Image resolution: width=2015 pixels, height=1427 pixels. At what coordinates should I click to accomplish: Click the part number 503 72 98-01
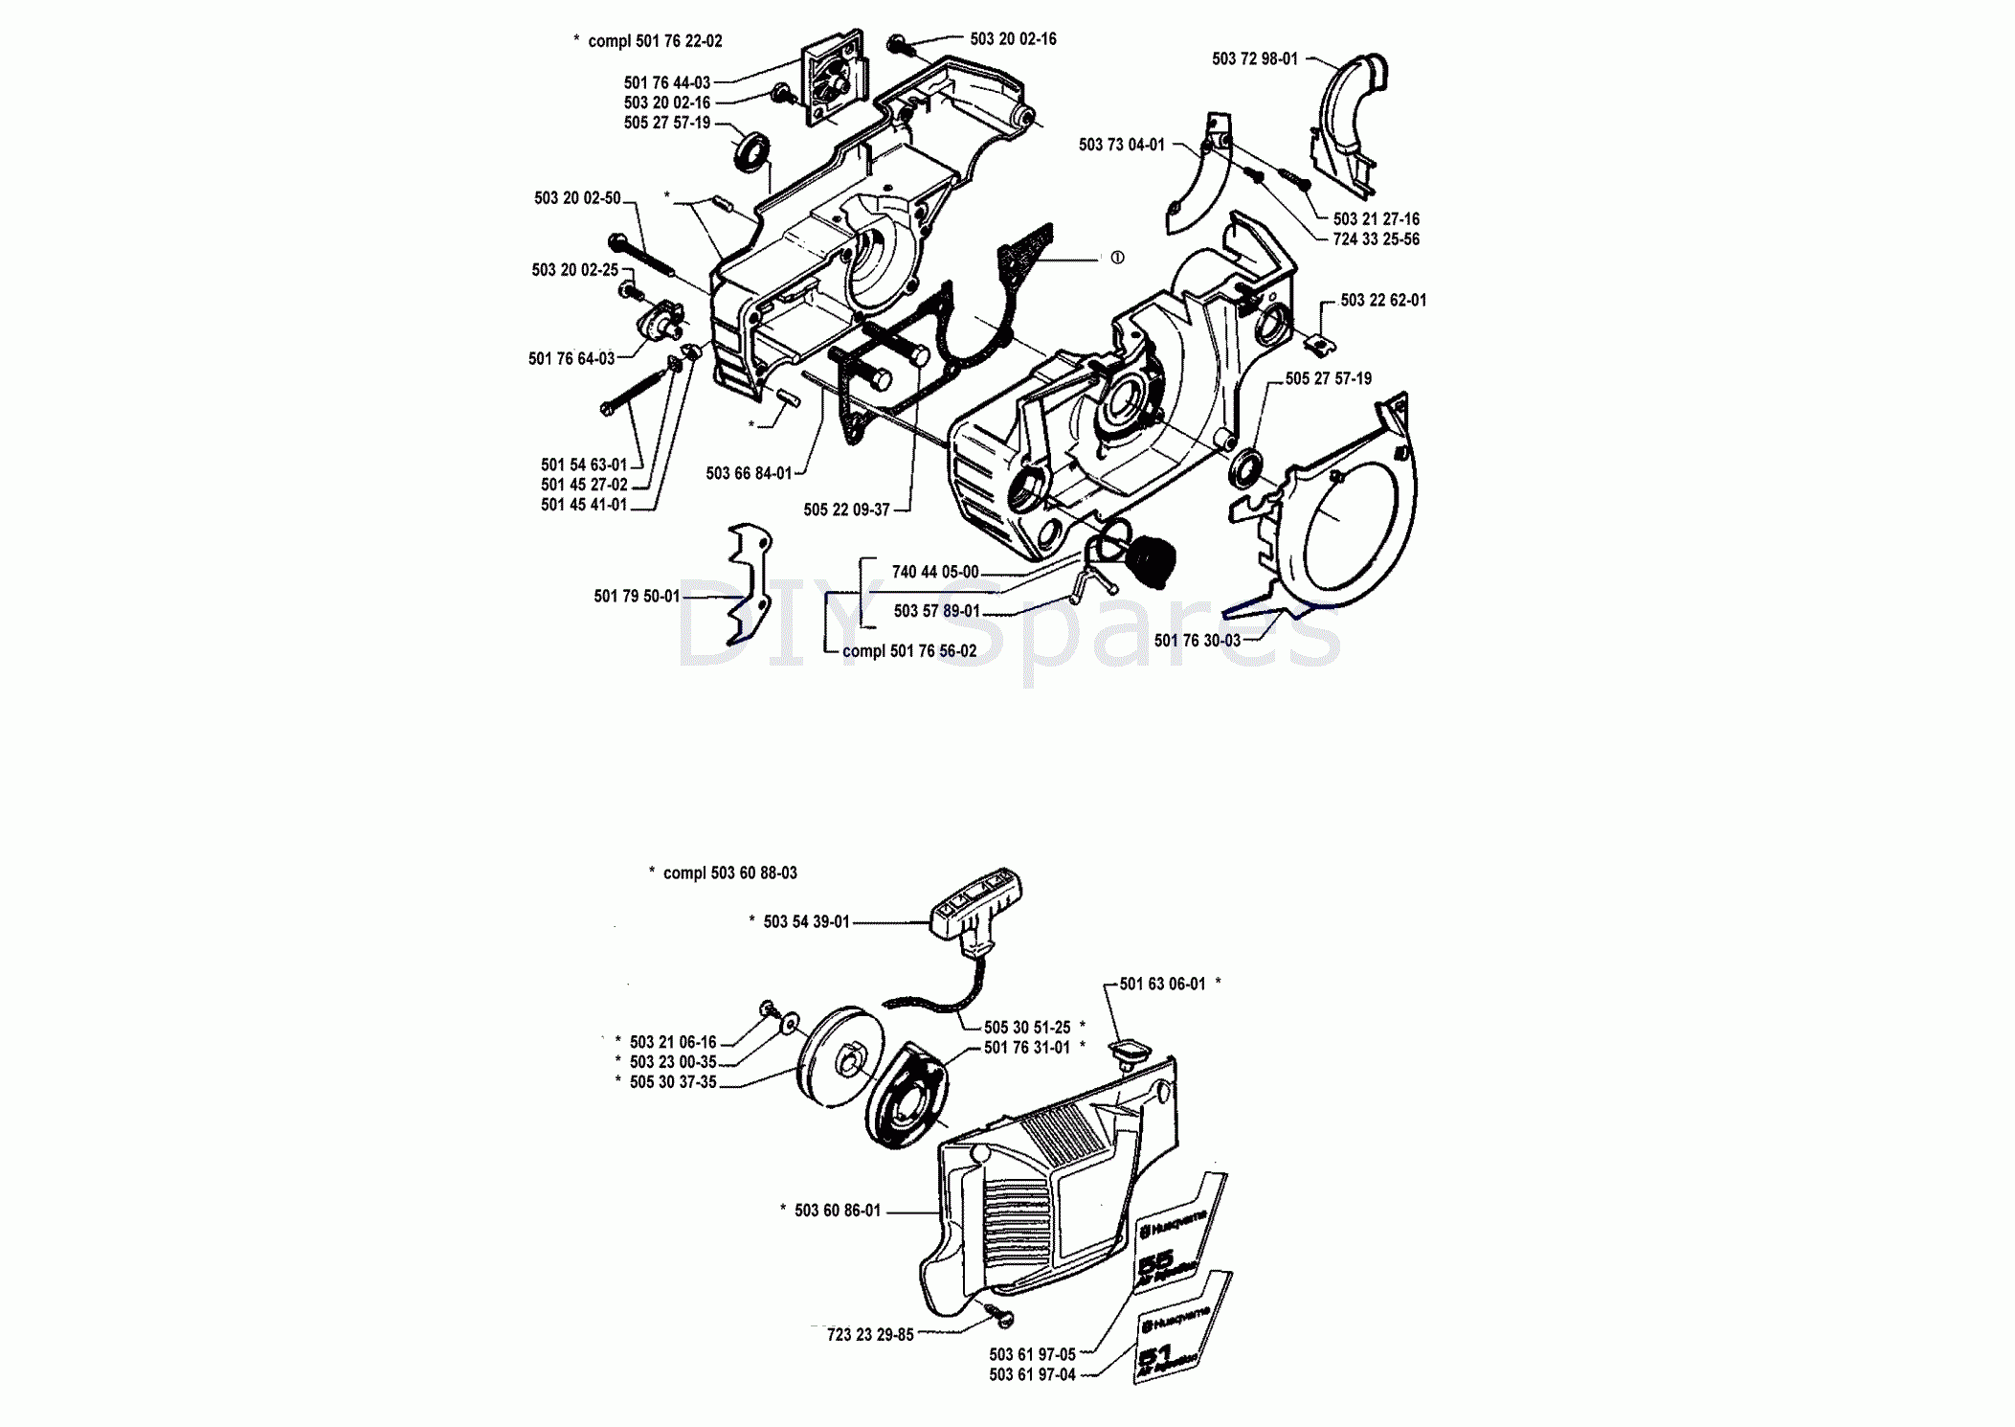click(x=1254, y=59)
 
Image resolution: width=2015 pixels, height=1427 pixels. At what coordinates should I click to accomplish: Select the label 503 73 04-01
click(x=1121, y=145)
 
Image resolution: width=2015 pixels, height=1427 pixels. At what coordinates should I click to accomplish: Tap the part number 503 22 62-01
click(x=1382, y=301)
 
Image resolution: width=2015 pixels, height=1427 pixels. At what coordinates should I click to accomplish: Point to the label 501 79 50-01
click(x=636, y=597)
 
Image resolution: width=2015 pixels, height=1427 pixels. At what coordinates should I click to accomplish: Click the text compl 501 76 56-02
click(x=908, y=651)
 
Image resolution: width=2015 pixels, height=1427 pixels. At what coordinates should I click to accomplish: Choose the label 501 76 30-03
click(x=1197, y=641)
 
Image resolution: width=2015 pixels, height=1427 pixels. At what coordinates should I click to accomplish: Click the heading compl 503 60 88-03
click(x=729, y=873)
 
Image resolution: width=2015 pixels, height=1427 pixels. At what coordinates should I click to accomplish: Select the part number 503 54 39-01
click(x=806, y=922)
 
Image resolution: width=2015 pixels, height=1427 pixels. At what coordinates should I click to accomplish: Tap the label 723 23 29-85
click(x=870, y=1335)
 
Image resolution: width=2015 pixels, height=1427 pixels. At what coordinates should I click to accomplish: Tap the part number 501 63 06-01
click(x=1162, y=985)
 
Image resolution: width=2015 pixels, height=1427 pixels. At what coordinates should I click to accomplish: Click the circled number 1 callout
click(x=1117, y=258)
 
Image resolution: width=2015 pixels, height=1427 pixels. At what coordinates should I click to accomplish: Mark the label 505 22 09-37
click(x=846, y=510)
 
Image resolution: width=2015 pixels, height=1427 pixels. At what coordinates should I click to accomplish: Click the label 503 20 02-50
click(x=577, y=198)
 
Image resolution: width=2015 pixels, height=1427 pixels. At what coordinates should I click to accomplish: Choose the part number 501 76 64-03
click(x=571, y=359)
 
